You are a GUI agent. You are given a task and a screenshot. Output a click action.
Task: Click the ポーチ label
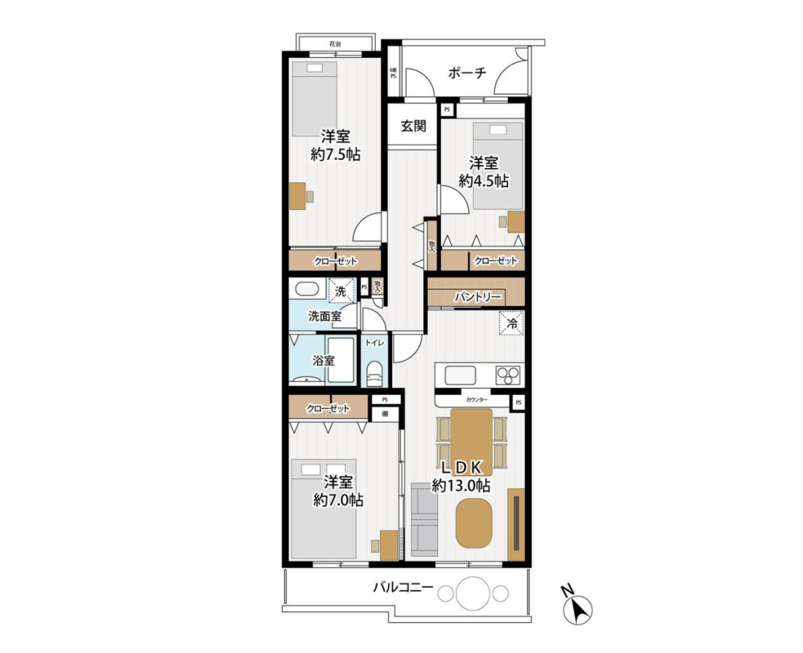(466, 73)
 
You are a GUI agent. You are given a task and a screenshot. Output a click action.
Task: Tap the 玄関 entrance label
(412, 126)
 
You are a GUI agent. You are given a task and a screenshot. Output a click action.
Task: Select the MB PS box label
(393, 73)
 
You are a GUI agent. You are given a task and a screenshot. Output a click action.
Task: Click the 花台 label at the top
(335, 44)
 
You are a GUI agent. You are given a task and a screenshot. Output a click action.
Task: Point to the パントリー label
(477, 297)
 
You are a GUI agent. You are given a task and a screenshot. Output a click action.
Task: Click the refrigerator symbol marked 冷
(512, 324)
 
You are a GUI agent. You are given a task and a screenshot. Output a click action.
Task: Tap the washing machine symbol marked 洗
(341, 291)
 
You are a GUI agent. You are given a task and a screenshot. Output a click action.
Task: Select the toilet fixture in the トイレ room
(375, 374)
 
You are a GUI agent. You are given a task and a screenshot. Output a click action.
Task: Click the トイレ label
(374, 343)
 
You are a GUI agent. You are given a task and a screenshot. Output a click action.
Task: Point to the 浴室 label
(323, 360)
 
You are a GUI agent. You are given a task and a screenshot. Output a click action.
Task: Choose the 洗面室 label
(324, 316)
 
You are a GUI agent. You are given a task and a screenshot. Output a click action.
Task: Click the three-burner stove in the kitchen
(508, 375)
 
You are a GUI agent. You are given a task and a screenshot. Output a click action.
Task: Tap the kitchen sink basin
(461, 375)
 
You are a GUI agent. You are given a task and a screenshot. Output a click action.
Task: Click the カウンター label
(477, 400)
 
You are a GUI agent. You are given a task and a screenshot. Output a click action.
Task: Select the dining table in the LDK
(471, 439)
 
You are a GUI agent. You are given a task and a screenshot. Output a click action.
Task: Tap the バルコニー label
(403, 587)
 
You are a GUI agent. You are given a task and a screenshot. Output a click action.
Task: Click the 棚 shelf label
(384, 413)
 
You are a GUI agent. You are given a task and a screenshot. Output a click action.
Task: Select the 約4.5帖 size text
(483, 181)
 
